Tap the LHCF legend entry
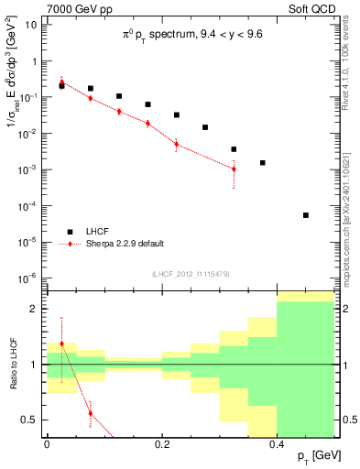102,232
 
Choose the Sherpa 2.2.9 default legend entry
125,244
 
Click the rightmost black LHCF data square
306,215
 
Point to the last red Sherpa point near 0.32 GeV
235,169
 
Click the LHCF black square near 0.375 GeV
263,163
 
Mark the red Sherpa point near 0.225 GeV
177,143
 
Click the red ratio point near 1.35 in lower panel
61,344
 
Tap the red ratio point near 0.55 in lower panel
90,413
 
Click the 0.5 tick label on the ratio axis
31,420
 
